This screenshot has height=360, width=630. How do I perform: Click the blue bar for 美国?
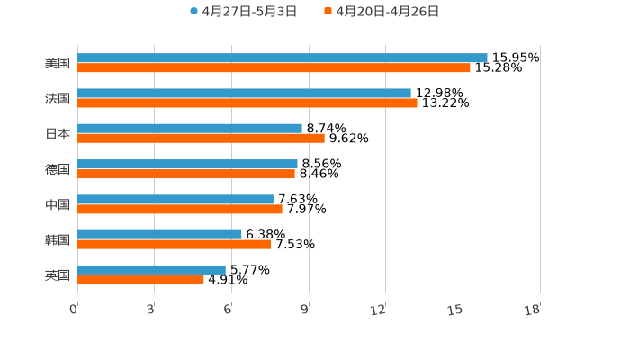point(282,58)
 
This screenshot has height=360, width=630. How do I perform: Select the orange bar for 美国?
point(274,67)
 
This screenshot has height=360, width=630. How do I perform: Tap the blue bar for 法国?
point(244,93)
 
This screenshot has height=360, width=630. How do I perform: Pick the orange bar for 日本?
point(201,138)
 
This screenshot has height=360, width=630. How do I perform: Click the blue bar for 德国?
point(187,164)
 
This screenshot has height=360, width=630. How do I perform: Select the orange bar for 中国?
point(180,209)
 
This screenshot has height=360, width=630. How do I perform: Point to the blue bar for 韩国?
point(159,234)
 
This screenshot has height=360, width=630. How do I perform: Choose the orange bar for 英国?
point(140,279)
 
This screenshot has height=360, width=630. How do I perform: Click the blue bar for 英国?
point(151,269)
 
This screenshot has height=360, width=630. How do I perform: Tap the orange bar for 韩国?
point(175,244)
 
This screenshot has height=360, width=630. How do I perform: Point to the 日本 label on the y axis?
point(58,133)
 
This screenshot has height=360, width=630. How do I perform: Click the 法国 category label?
point(58,98)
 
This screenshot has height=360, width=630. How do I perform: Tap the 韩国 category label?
point(58,239)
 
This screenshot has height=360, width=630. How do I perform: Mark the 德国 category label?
point(58,169)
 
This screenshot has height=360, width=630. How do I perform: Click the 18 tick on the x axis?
point(533,310)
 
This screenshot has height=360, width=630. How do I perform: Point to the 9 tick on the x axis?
point(305,310)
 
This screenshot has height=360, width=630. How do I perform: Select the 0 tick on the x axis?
point(75,310)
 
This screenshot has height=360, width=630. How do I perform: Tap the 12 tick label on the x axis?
point(379,310)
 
